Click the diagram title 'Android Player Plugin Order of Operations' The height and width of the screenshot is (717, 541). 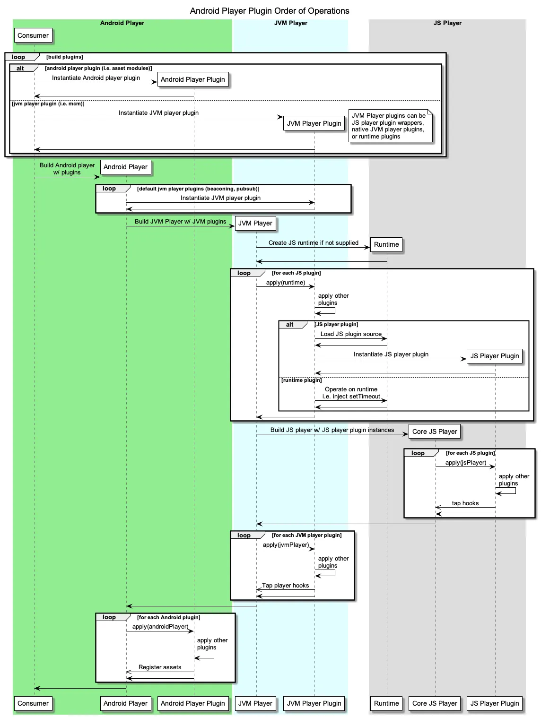(270, 11)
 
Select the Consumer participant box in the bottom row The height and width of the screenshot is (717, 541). (33, 703)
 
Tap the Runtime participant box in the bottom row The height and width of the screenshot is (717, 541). (386, 703)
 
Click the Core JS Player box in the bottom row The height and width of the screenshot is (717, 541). (435, 703)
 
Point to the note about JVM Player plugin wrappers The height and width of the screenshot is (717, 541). (390, 126)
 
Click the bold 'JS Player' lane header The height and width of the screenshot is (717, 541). (447, 23)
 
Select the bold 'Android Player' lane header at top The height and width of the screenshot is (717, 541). (122, 23)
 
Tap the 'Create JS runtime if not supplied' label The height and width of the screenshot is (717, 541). (314, 243)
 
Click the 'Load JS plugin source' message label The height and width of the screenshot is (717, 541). (351, 334)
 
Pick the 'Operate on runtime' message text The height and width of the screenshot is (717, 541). (351, 389)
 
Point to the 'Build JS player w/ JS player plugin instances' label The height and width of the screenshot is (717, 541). (332, 430)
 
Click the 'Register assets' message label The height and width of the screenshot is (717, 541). (160, 667)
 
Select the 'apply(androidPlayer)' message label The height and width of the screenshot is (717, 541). (160, 627)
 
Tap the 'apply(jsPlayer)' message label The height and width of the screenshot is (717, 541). (466, 463)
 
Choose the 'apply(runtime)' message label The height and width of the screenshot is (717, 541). (286, 283)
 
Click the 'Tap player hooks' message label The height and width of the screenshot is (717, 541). (285, 586)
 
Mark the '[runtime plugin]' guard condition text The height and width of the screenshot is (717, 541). (301, 380)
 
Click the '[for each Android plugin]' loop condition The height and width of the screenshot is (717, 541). (169, 617)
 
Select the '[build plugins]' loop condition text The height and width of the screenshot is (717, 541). (65, 57)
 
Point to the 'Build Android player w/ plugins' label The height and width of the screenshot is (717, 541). (67, 169)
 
